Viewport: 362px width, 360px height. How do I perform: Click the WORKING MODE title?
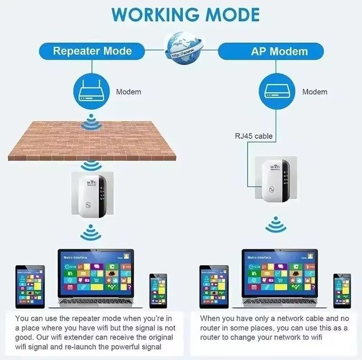pos(181,14)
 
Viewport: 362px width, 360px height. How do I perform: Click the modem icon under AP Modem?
pos(279,91)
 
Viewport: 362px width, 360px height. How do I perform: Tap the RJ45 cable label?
pos(254,136)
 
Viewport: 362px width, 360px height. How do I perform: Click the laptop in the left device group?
pos(95,277)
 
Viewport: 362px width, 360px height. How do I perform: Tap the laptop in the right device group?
pos(280,277)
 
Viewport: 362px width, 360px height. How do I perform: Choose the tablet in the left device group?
pos(29,286)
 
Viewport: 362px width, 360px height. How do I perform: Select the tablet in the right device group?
pos(214,286)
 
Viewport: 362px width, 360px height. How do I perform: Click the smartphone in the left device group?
pos(158,291)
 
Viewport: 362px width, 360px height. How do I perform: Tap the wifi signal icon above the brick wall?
pos(89,122)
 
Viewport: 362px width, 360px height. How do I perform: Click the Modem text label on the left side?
pos(128,91)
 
